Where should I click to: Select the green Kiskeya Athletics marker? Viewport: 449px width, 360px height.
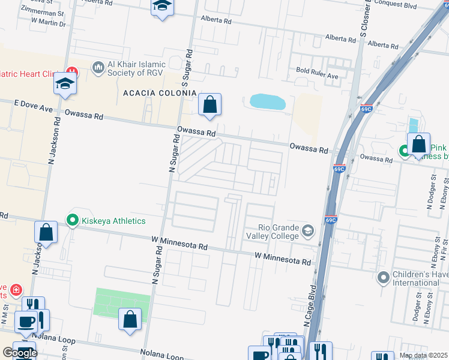click(73, 220)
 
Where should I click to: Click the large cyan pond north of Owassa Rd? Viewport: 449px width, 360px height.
click(267, 101)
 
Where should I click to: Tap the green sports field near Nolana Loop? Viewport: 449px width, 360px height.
click(122, 301)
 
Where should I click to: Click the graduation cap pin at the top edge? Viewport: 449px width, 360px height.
click(161, 7)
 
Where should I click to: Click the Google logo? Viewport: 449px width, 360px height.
click(20, 353)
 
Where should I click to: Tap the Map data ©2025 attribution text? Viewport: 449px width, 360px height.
click(423, 355)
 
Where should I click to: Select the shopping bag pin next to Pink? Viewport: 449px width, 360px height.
click(418, 145)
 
